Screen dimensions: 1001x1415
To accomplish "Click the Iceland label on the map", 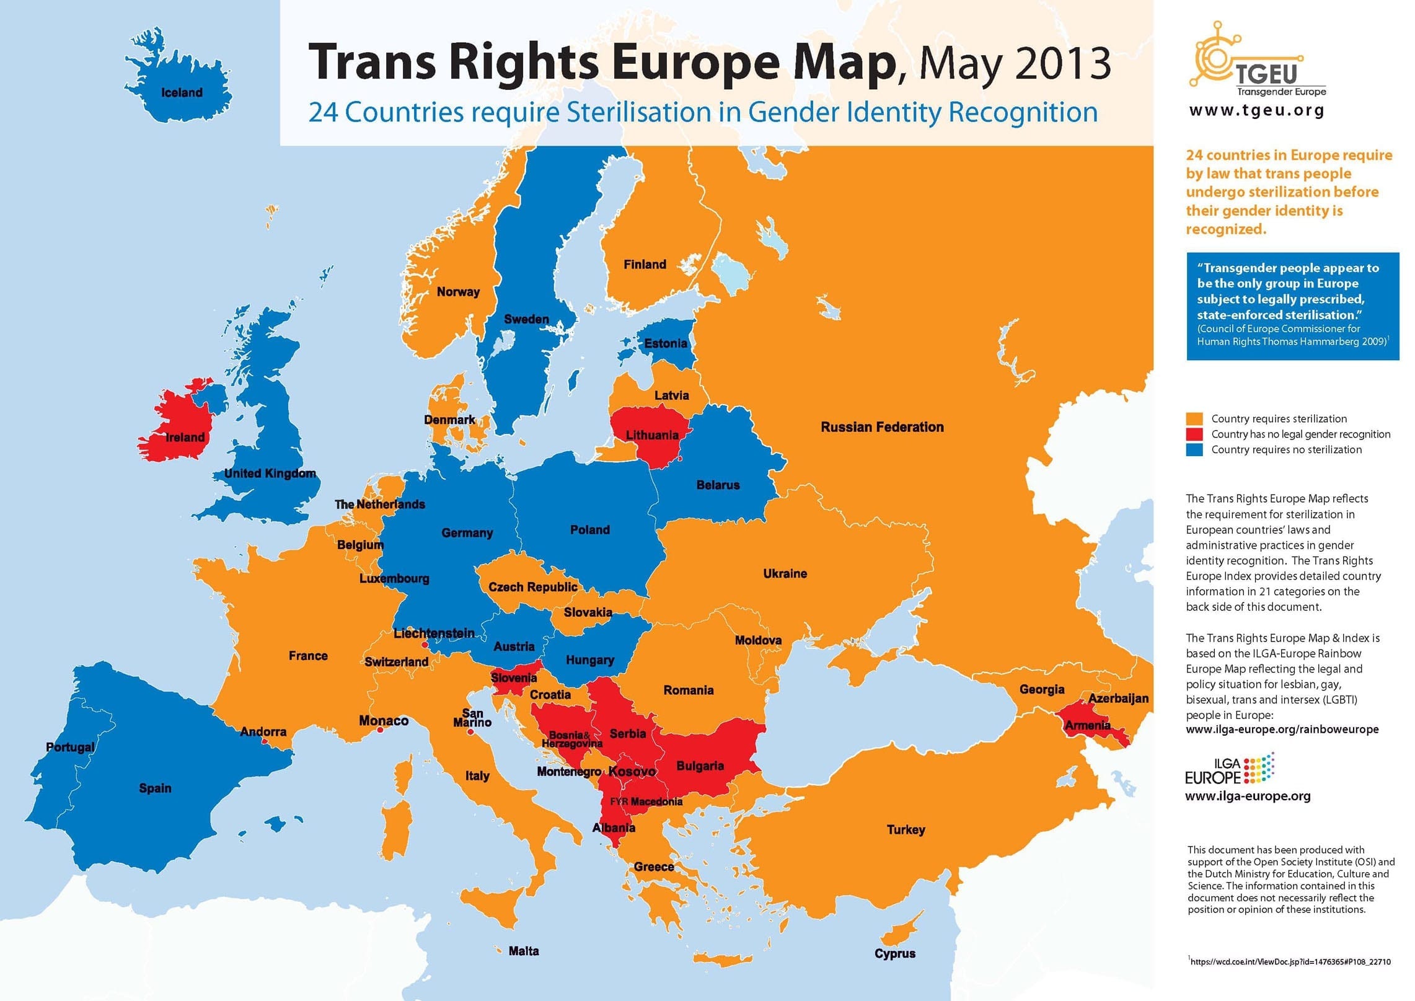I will tap(182, 93).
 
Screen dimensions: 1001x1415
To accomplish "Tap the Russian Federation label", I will tap(881, 427).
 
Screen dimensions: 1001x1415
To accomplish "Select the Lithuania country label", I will tap(651, 435).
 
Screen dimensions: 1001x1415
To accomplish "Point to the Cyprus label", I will tap(894, 953).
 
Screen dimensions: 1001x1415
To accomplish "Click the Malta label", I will tap(523, 951).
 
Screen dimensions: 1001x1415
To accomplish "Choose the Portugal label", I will tap(70, 747).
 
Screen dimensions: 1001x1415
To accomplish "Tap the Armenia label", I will tap(1088, 725).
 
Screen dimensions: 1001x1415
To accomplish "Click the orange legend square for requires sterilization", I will tap(1194, 419).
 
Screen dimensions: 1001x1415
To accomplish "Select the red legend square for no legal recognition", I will tap(1194, 434).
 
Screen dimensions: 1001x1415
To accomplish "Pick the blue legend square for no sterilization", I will tap(1194, 450).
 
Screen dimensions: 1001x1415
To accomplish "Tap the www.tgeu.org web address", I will tap(1256, 111).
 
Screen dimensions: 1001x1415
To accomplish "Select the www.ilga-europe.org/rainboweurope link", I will tap(1282, 730).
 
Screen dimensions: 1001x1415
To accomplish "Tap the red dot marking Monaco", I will tap(380, 730).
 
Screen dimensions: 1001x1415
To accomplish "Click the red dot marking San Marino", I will tap(470, 732).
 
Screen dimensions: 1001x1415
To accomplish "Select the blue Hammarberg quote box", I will tap(1292, 306).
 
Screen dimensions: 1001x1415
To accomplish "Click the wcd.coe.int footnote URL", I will tap(1290, 962).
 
